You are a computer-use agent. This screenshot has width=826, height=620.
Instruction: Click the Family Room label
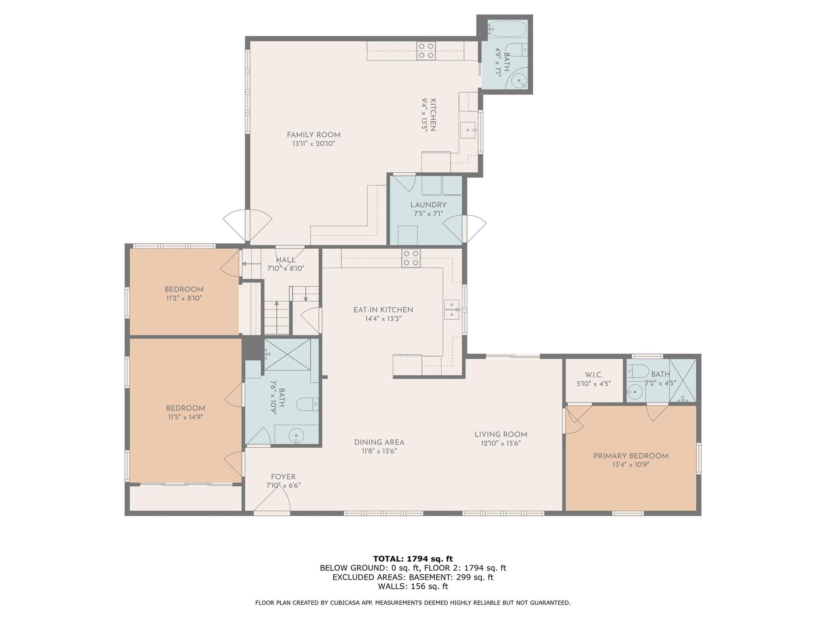tap(313, 135)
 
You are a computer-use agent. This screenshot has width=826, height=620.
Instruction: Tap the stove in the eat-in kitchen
tap(411, 258)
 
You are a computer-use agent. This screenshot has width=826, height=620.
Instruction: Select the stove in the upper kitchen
tap(426, 51)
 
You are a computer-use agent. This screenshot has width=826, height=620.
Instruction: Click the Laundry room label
tap(428, 205)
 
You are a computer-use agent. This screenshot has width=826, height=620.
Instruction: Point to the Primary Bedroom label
tap(631, 456)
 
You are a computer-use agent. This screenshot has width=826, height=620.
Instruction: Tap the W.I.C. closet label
tap(594, 375)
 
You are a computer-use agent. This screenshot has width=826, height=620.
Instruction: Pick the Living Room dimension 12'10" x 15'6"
tap(501, 443)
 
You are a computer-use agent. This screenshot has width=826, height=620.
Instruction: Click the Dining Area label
tap(379, 442)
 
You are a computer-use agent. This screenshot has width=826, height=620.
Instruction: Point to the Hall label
tap(286, 260)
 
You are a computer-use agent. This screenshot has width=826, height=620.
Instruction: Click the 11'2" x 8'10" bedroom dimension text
tap(184, 298)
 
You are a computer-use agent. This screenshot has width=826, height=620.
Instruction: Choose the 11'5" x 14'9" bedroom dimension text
tap(186, 417)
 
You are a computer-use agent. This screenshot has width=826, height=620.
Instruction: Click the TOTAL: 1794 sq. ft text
tap(413, 559)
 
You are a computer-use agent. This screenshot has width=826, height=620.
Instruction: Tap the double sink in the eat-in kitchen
tap(452, 310)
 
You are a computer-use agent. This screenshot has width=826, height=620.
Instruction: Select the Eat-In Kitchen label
tap(383, 310)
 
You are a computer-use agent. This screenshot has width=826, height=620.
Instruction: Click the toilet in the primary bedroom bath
tap(638, 370)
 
